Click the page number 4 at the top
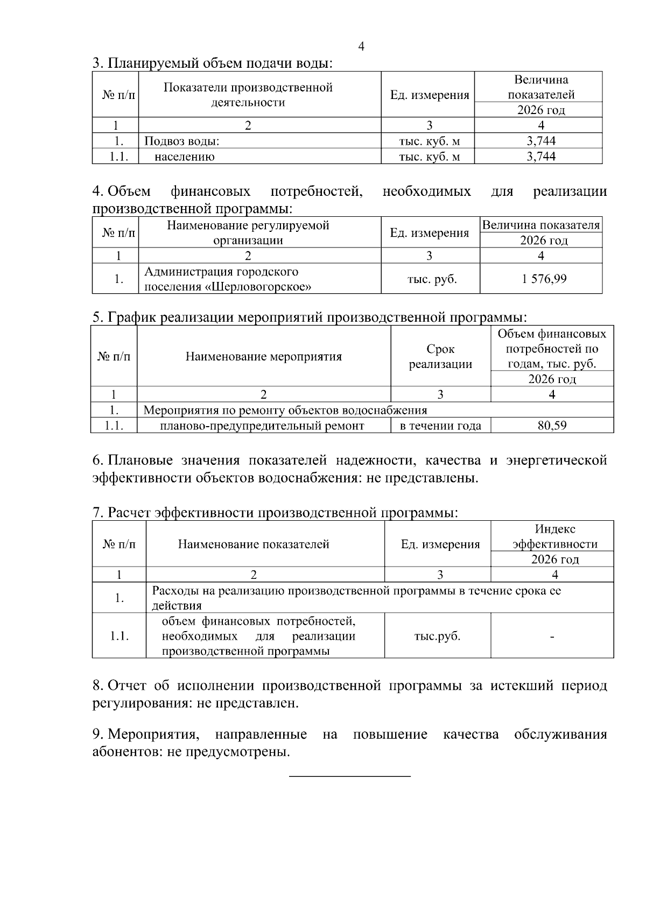tap(361, 47)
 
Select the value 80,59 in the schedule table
tap(552, 426)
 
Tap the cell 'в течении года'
tap(440, 426)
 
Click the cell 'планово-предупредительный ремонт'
tap(262, 426)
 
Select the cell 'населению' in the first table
tap(184, 157)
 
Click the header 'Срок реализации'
tap(440, 356)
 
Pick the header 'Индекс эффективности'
tap(554, 536)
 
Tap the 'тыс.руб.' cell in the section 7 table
tap(437, 636)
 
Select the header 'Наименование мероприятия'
tap(264, 356)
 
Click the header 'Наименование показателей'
tap(254, 544)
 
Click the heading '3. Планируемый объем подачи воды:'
tap(213, 63)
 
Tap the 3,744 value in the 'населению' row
tap(540, 157)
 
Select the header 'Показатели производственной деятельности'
tap(248, 95)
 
